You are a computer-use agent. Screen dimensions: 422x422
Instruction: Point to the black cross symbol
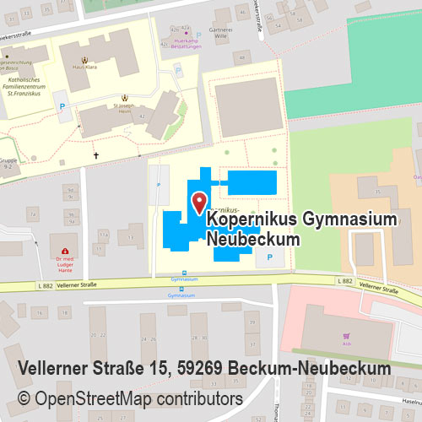point(95,155)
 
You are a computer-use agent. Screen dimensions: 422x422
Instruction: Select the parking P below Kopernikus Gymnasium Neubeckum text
point(270,255)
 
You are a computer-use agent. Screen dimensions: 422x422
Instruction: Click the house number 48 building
point(243,57)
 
